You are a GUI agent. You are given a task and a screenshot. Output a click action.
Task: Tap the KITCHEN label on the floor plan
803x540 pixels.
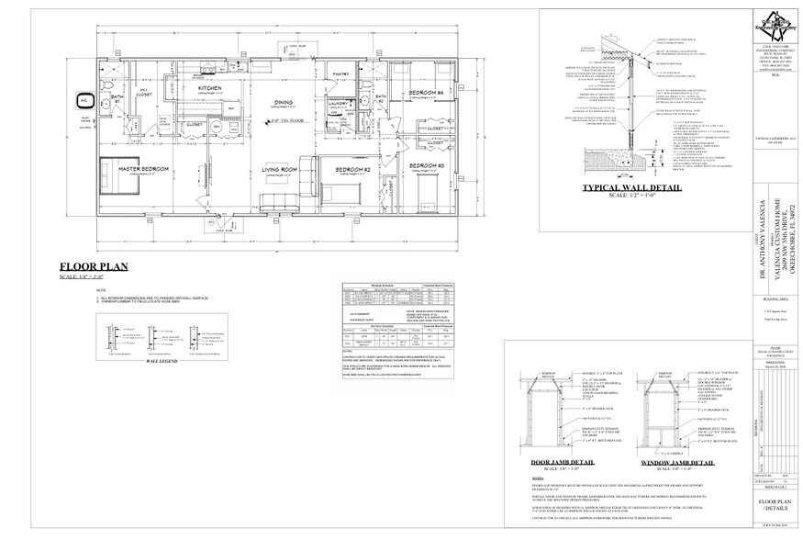pyautogui.click(x=210, y=87)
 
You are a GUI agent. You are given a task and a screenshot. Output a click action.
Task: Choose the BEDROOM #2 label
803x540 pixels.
pyautogui.click(x=351, y=170)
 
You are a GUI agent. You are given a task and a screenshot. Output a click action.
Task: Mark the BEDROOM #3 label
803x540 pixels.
pyautogui.click(x=427, y=165)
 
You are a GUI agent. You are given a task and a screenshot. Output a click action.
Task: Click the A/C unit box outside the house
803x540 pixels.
pyautogui.click(x=82, y=98)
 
